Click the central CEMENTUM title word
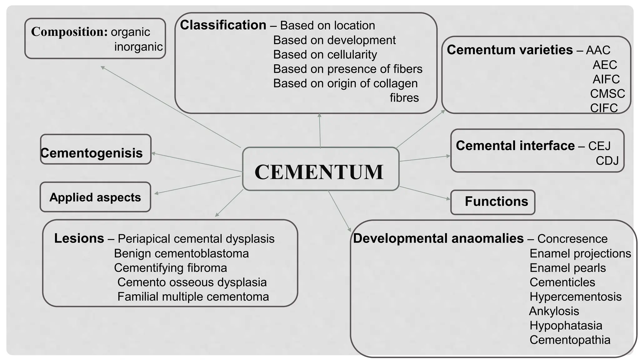click(319, 172)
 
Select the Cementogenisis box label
click(92, 153)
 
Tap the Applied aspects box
click(95, 197)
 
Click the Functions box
click(496, 202)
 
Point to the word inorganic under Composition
click(138, 47)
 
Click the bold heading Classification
click(223, 25)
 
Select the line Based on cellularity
click(325, 55)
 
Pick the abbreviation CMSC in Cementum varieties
click(607, 93)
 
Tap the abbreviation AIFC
click(606, 79)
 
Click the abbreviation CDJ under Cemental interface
click(607, 161)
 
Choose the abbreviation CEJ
click(599, 146)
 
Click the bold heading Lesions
click(79, 238)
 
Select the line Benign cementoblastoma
click(181, 253)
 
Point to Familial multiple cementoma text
click(193, 297)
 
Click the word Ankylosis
click(554, 311)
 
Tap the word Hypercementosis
click(575, 297)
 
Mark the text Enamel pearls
click(567, 268)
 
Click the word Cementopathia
click(570, 340)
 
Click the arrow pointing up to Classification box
click(320, 131)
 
